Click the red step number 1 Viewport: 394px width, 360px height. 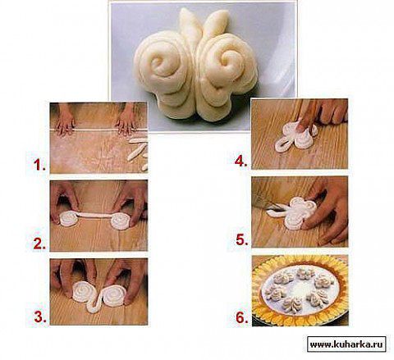click(39, 165)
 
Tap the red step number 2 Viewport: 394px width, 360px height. click(39, 244)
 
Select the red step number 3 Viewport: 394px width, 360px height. click(40, 317)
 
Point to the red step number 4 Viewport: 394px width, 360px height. click(241, 161)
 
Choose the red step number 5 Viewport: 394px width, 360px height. click(242, 239)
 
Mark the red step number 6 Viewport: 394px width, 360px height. click(242, 318)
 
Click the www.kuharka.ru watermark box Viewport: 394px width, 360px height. click(346, 344)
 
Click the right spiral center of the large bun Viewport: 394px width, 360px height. click(225, 60)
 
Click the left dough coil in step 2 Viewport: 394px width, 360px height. click(68, 219)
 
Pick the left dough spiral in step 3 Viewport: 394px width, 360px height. click(85, 291)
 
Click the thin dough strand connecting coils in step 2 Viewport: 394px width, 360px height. click(94, 216)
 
